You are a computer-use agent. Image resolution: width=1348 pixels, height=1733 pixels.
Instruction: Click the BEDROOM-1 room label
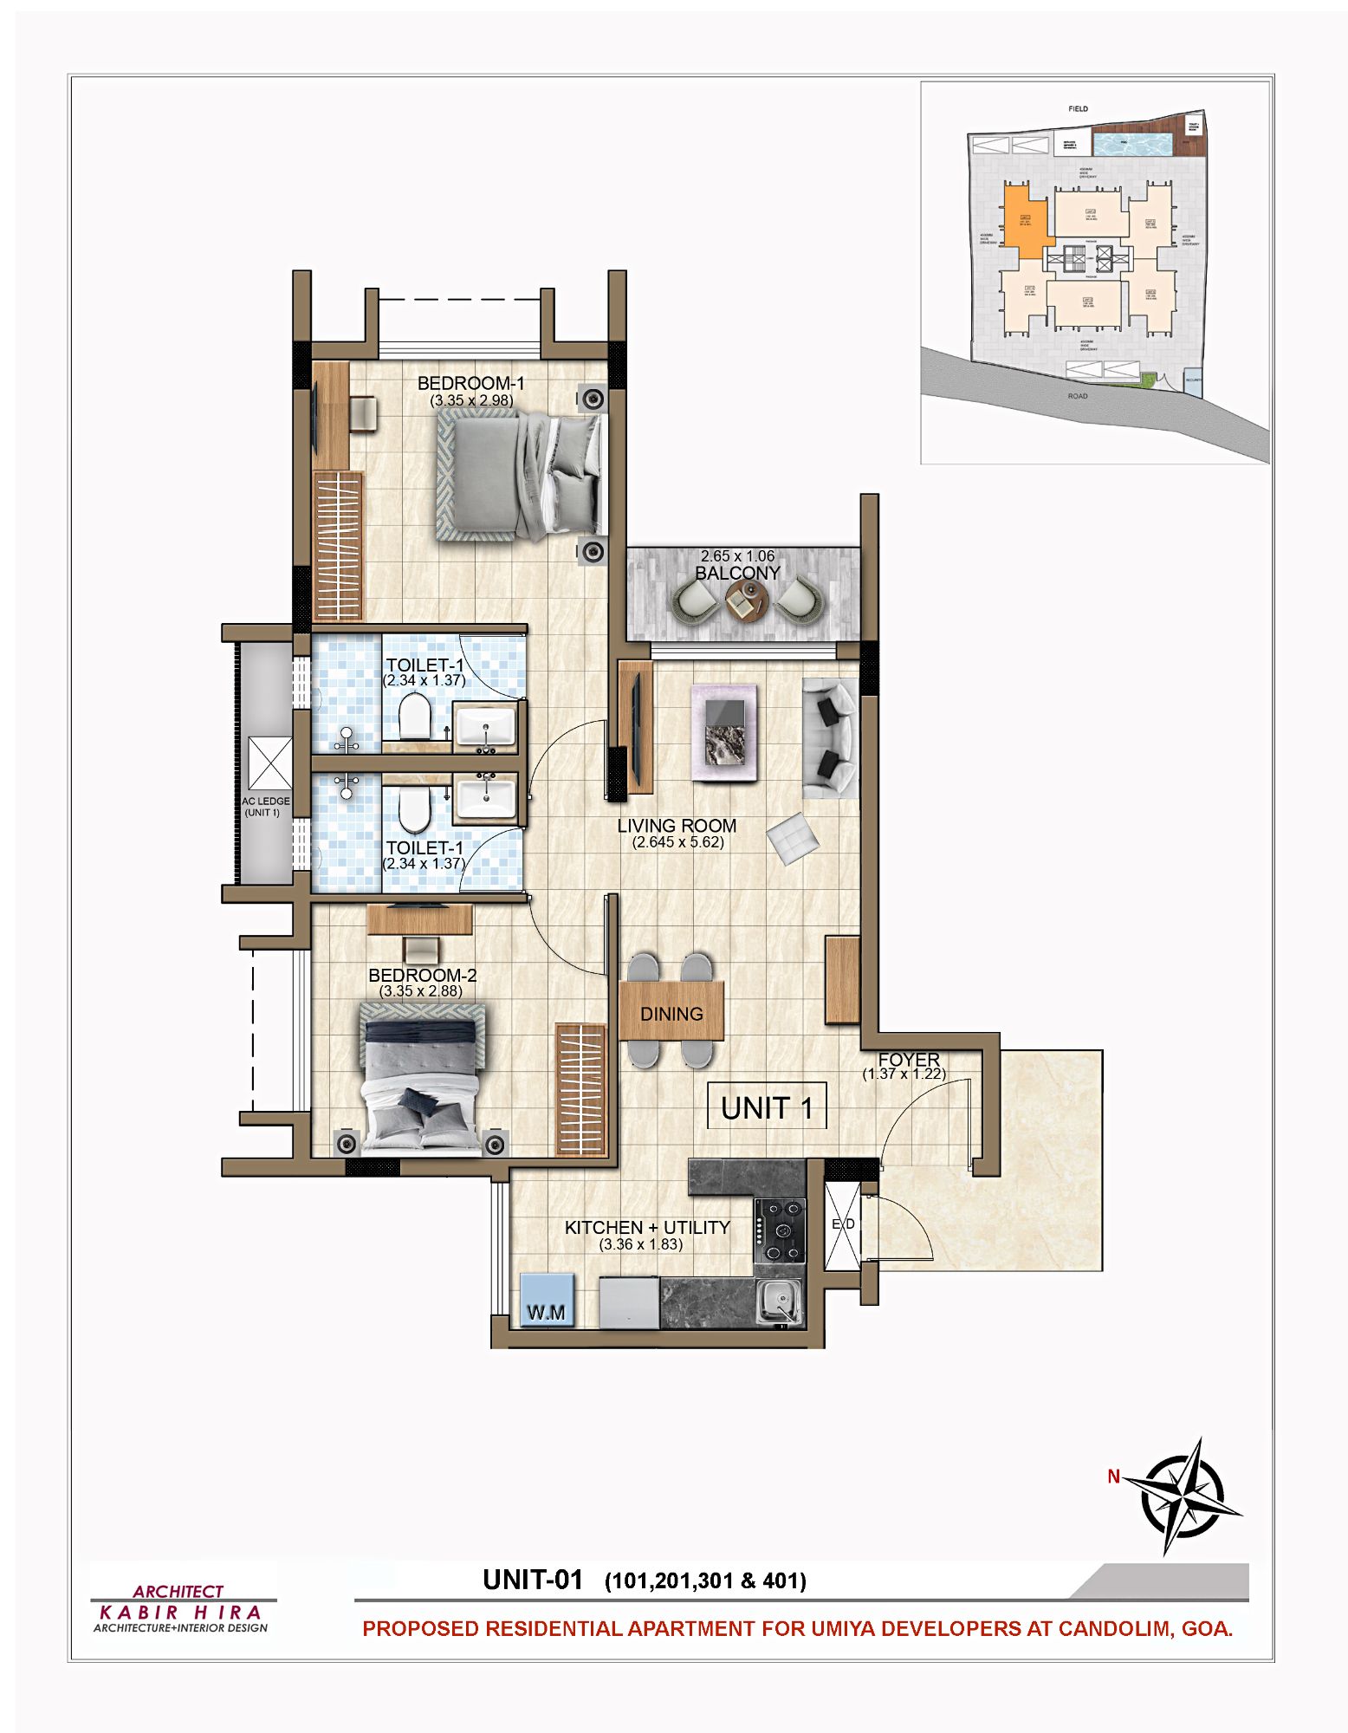coord(470,383)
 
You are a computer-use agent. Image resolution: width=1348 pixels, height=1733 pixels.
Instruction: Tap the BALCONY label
coord(737,573)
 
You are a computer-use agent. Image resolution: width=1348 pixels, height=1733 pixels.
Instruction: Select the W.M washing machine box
coord(547,1300)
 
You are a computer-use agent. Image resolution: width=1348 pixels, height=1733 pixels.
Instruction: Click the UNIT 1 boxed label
coord(767,1107)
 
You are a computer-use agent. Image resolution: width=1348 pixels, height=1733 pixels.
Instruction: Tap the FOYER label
coord(908,1060)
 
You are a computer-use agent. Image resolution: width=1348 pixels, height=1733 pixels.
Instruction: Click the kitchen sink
coord(777,1301)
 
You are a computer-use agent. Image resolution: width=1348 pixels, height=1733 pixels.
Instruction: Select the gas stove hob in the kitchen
coord(781,1230)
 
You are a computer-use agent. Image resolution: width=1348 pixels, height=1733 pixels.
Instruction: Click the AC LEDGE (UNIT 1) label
coord(264,807)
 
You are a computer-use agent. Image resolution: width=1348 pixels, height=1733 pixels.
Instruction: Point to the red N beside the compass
coord(1113,1477)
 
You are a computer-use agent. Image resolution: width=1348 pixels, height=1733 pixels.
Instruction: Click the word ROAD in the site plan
coord(1077,396)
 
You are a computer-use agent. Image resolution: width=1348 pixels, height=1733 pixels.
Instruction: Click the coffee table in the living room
coord(725,732)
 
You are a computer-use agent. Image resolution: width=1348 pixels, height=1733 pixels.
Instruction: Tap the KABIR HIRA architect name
coord(180,1613)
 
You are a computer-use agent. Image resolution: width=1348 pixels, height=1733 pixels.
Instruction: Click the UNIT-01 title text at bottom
coord(532,1580)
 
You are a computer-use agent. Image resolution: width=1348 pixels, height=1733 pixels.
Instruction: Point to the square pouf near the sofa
coord(793,838)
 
